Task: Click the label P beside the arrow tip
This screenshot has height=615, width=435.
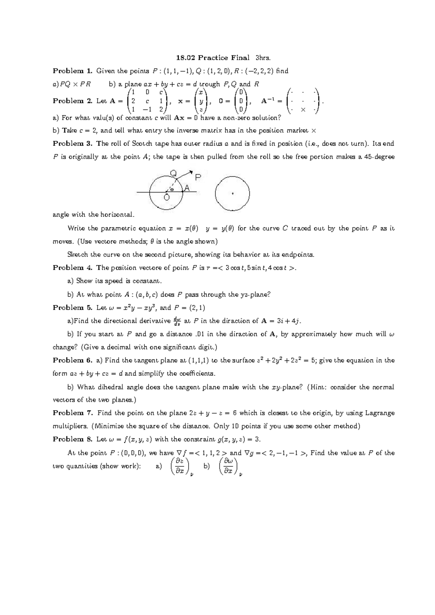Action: pos(198,177)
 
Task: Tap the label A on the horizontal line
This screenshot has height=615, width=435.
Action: pos(187,188)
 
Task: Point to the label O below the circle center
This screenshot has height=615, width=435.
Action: pos(166,198)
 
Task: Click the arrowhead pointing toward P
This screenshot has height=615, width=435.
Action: pos(191,172)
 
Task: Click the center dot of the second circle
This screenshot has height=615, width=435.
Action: pos(232,194)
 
